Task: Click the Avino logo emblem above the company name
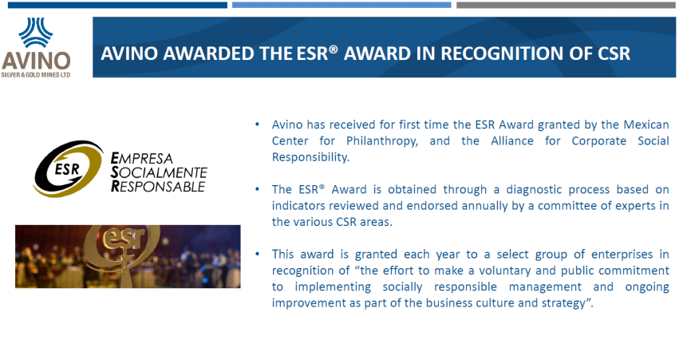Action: point(36,32)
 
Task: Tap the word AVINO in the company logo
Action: point(36,61)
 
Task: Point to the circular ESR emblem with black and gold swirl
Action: point(69,168)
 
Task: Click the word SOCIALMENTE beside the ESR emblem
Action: point(159,172)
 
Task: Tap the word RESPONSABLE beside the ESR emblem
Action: point(158,187)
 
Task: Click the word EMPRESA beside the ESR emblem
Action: point(142,158)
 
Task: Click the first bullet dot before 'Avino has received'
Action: point(258,125)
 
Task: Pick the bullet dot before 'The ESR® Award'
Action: point(258,190)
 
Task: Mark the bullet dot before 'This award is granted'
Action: point(258,254)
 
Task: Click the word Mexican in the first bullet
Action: point(646,125)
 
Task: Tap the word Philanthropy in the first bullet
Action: point(382,141)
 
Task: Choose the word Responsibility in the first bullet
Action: point(310,157)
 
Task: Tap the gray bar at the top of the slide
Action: point(566,5)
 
